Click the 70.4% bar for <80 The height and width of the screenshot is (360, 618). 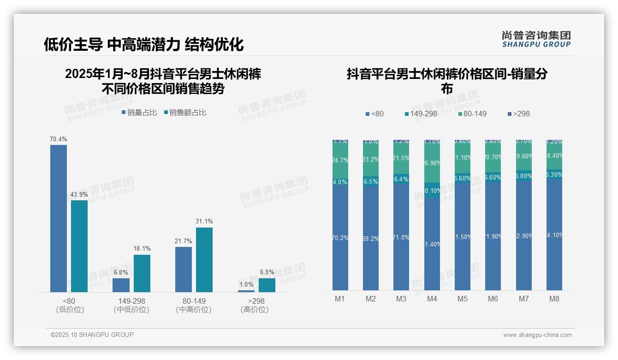(x=59, y=218)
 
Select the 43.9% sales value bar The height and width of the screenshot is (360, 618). (x=79, y=246)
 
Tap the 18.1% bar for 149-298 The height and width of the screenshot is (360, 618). (x=142, y=273)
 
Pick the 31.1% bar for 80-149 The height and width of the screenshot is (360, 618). (x=204, y=259)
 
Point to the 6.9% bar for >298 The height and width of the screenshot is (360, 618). (x=267, y=285)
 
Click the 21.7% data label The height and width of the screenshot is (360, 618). (x=184, y=241)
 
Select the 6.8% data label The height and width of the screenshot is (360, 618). (x=121, y=273)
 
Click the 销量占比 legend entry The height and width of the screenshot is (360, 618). (x=139, y=113)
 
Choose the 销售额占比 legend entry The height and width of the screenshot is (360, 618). (x=185, y=113)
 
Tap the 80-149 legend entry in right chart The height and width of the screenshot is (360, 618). (x=472, y=114)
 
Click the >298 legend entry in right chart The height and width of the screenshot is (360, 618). (x=518, y=114)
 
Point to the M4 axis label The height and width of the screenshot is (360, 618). (x=432, y=299)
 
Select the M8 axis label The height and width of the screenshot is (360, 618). (x=554, y=299)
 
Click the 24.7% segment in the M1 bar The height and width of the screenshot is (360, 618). (x=340, y=161)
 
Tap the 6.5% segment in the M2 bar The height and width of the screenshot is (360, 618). (x=371, y=181)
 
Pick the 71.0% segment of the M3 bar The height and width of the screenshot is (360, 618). (x=401, y=237)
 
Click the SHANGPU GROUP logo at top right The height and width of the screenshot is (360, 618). (x=536, y=39)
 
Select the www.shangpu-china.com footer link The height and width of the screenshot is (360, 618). (x=537, y=335)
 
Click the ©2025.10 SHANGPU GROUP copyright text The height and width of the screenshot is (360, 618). (x=92, y=335)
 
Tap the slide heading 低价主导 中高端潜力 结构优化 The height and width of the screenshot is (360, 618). (x=143, y=44)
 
